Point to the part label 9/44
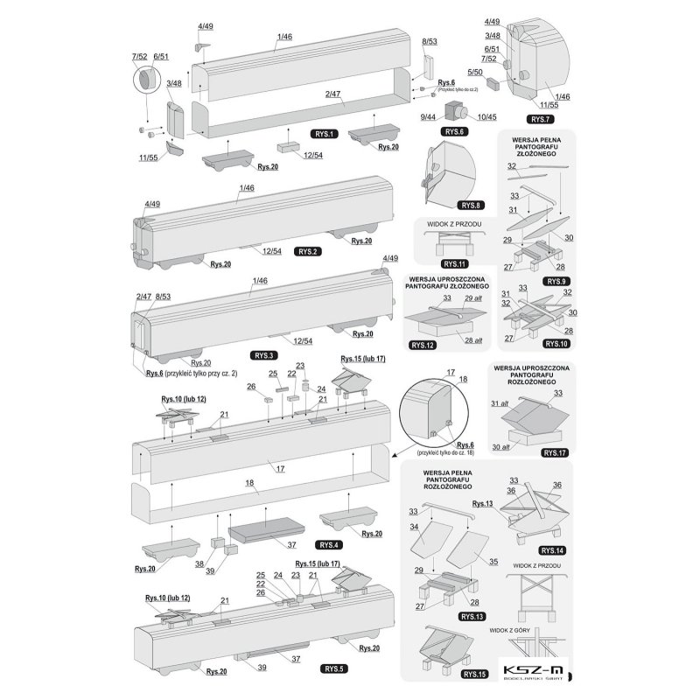[429, 116]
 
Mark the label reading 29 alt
[474, 299]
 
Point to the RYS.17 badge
[554, 453]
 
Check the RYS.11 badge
[454, 262]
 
